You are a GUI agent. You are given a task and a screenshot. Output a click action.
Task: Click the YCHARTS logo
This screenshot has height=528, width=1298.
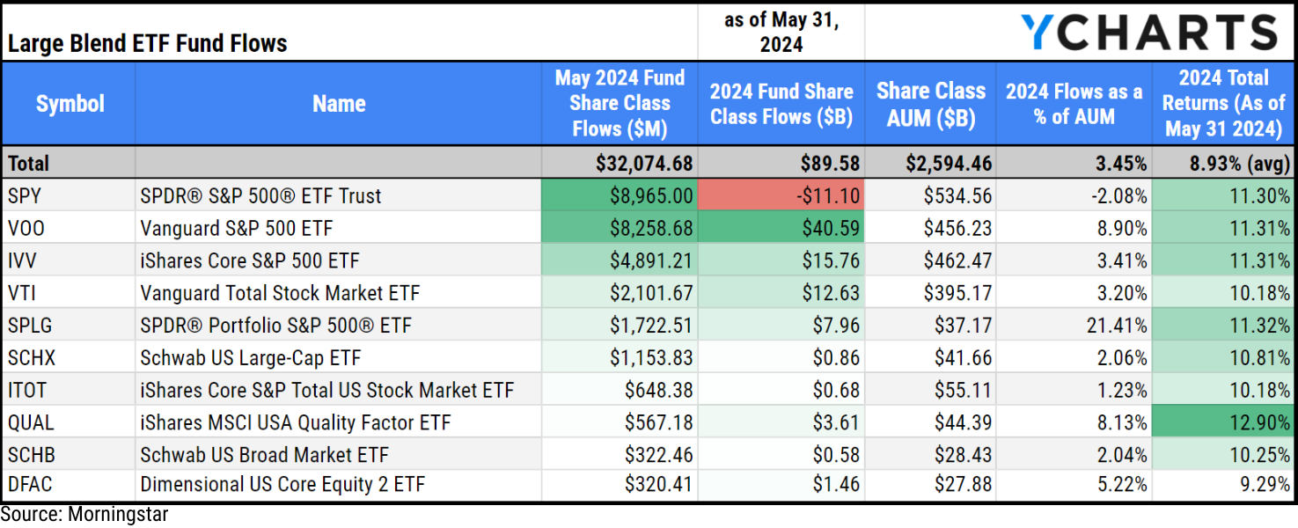[1148, 33]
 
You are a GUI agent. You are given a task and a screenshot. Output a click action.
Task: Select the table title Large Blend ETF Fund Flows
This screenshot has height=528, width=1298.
[148, 43]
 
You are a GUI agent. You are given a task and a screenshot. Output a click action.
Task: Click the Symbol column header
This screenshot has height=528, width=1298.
[70, 104]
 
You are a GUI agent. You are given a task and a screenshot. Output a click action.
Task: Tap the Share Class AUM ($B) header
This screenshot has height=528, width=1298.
[930, 104]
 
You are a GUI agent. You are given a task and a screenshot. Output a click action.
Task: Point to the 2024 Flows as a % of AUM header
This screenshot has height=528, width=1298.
[1074, 104]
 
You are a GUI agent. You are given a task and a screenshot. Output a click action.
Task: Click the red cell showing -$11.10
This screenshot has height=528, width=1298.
[781, 195]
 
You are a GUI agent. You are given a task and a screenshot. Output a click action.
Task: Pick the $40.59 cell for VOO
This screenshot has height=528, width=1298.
[781, 228]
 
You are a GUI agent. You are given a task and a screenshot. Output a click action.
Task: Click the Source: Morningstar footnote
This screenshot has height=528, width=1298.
[84, 515]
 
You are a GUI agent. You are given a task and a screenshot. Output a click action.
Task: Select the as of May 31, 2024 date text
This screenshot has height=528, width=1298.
[781, 33]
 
